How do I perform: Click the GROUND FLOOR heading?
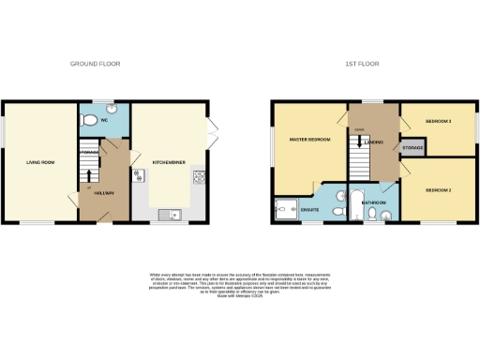coord(96,64)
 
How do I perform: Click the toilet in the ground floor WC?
coord(88,119)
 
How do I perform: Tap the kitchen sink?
coord(168,215)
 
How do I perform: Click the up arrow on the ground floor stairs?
coord(90,175)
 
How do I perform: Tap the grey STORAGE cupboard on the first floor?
coord(412,148)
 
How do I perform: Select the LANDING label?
coord(374,142)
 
